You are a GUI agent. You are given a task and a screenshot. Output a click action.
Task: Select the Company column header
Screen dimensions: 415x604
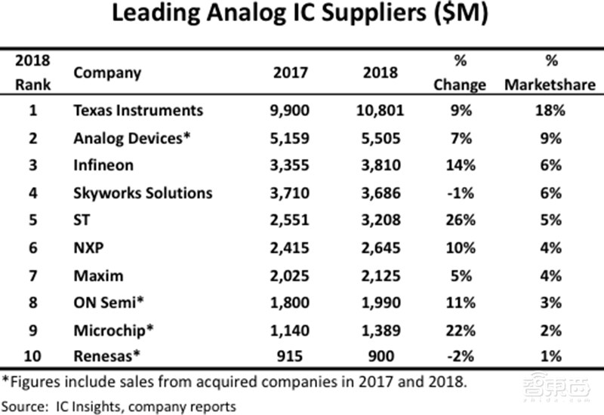coord(106,73)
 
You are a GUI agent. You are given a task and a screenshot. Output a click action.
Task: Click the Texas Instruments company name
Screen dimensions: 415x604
coord(138,110)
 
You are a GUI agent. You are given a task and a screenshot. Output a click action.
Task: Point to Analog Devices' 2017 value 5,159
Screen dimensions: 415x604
coord(289,138)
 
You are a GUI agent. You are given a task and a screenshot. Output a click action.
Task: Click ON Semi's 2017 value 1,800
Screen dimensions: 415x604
coord(289,303)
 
